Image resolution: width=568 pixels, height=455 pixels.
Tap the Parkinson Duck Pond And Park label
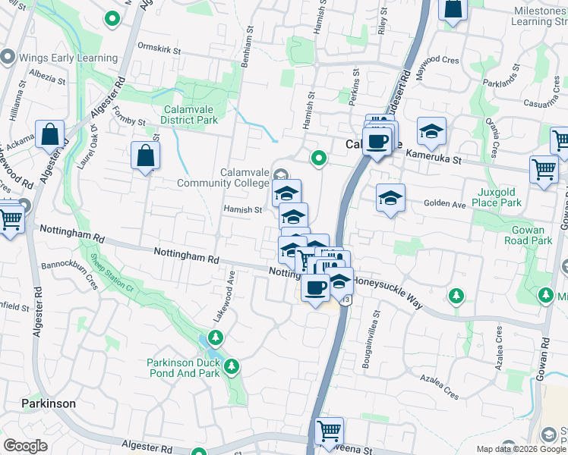click(183, 368)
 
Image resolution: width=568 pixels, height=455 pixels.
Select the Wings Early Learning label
click(69, 58)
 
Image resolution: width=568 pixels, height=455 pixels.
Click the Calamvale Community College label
click(224, 177)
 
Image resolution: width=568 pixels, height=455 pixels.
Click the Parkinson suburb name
click(49, 403)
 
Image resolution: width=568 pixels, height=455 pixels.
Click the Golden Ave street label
click(444, 205)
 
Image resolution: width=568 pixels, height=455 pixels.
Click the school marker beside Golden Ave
click(390, 199)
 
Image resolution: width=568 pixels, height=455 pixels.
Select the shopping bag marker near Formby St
click(145, 156)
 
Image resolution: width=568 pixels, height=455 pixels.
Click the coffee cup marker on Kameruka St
click(377, 140)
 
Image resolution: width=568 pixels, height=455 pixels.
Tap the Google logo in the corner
click(25, 446)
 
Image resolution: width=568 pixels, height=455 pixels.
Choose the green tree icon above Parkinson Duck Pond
click(216, 337)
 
